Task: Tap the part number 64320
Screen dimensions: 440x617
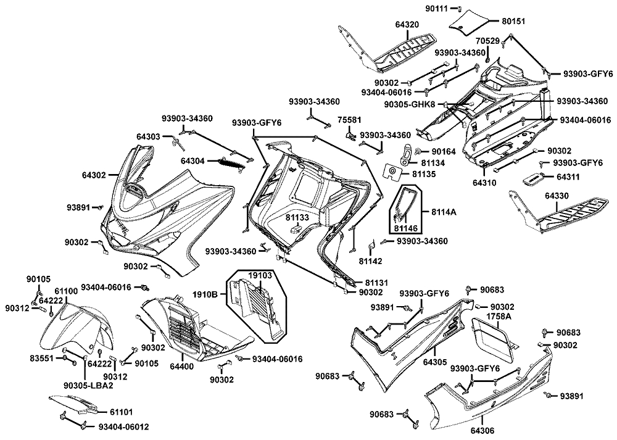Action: pos(407,25)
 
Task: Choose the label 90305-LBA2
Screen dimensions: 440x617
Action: pos(88,386)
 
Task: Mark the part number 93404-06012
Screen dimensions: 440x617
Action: pos(123,426)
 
